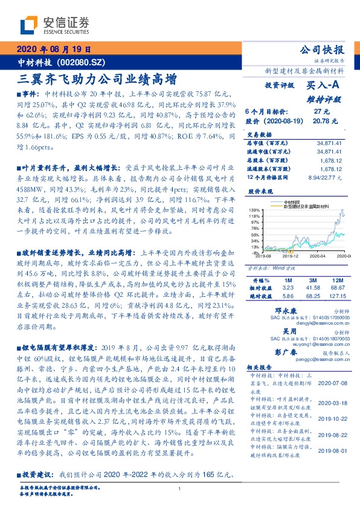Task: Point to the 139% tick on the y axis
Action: tap(253, 208)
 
